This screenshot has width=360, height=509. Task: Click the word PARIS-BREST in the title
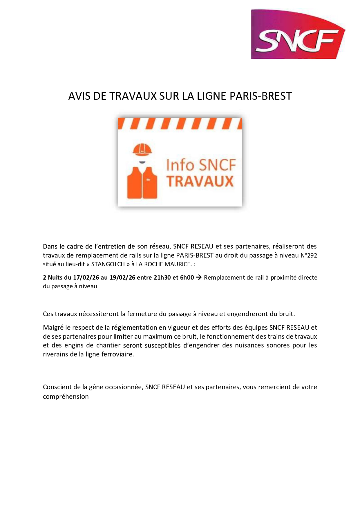pyautogui.click(x=260, y=96)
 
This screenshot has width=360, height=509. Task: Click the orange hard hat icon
pyautogui.click(x=142, y=150)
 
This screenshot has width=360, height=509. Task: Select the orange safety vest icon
pyautogui.click(x=142, y=183)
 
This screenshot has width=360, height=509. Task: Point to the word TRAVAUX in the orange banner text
pyautogui.click(x=200, y=181)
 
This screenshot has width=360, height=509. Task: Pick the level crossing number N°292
pyautogui.click(x=308, y=256)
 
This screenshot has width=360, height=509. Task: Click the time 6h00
pyautogui.click(x=187, y=278)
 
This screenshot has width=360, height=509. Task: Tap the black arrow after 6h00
pyautogui.click(x=199, y=277)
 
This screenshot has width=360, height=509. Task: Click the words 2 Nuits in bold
pyautogui.click(x=53, y=278)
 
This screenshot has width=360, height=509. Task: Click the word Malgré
pyautogui.click(x=53, y=328)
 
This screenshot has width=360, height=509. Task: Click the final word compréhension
pyautogui.click(x=66, y=397)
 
